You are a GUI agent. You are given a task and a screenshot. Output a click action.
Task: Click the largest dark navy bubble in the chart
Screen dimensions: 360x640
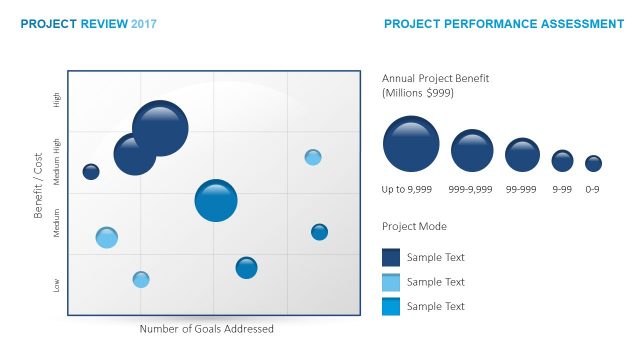click(x=160, y=128)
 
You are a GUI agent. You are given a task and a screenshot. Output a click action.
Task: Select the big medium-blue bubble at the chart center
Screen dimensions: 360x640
click(x=216, y=200)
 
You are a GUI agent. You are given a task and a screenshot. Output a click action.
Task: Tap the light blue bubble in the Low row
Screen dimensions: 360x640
click(x=141, y=279)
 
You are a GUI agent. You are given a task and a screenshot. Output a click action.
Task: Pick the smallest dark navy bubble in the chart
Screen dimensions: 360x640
click(x=91, y=172)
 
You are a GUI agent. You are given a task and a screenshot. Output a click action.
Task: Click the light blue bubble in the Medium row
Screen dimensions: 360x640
click(x=107, y=237)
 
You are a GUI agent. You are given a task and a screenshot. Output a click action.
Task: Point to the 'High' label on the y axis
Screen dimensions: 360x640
click(x=57, y=100)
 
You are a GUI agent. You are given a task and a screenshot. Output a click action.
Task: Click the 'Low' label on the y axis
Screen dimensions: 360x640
click(x=57, y=285)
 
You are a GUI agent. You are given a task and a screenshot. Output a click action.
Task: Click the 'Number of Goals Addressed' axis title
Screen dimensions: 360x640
click(x=206, y=328)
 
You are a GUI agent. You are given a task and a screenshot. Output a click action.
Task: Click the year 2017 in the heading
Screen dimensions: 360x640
click(x=144, y=23)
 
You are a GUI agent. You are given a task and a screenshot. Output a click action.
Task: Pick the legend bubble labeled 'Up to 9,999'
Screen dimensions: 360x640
click(x=410, y=144)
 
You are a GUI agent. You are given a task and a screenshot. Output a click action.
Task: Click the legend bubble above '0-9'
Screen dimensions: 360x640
click(x=593, y=163)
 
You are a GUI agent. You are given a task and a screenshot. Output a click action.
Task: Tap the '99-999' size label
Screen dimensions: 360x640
click(x=522, y=188)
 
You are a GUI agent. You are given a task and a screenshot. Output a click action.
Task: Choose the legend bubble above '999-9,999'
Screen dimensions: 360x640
click(x=472, y=151)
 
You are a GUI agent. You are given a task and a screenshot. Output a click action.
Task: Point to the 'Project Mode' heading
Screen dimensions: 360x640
click(x=414, y=226)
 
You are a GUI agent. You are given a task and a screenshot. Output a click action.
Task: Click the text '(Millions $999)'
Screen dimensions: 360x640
click(x=422, y=92)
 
